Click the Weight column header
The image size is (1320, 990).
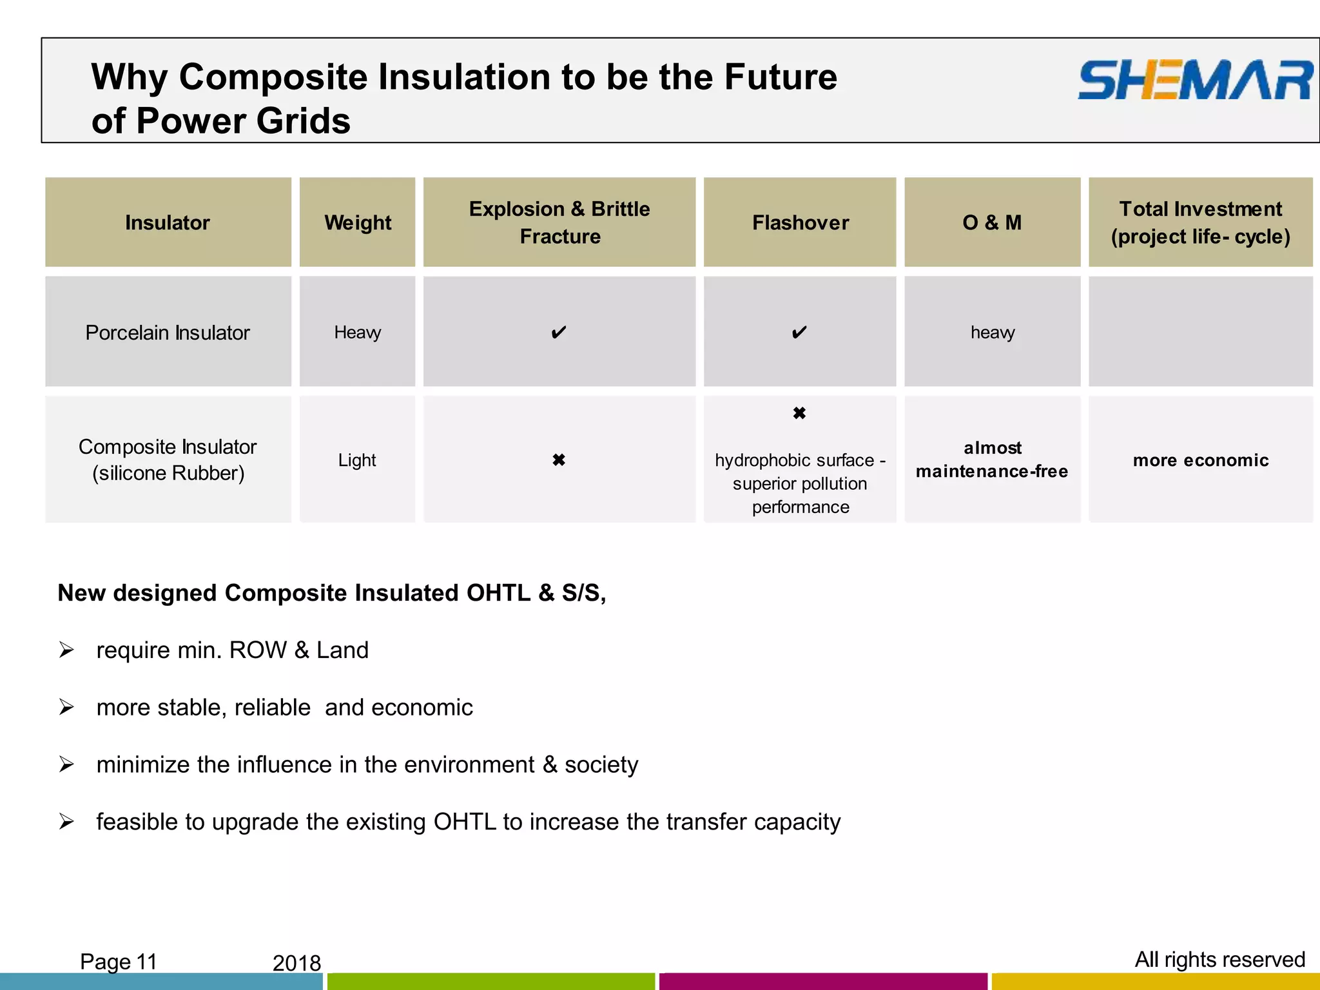pyautogui.click(x=358, y=222)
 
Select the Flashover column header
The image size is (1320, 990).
pyautogui.click(x=800, y=222)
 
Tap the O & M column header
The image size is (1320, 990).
pyautogui.click(x=992, y=222)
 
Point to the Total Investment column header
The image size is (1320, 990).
pyautogui.click(x=1200, y=222)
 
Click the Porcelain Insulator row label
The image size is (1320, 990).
pyautogui.click(x=168, y=333)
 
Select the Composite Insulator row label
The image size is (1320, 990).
pyautogui.click(x=168, y=460)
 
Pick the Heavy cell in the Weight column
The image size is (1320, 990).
pyautogui.click(x=358, y=333)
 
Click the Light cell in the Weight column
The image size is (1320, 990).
pyautogui.click(x=357, y=460)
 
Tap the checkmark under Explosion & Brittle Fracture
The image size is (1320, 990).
pyautogui.click(x=559, y=333)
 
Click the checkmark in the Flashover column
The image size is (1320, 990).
pyautogui.click(x=799, y=333)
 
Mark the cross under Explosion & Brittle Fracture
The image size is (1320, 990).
pyautogui.click(x=559, y=460)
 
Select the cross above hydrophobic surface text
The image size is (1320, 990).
pyautogui.click(x=799, y=413)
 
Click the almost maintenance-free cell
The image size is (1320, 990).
pyautogui.click(x=992, y=460)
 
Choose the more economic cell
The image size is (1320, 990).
pyautogui.click(x=1201, y=460)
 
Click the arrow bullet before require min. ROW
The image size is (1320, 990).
pyautogui.click(x=66, y=650)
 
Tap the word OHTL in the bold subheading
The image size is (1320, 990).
pyautogui.click(x=499, y=593)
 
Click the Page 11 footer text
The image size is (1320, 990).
pyautogui.click(x=119, y=962)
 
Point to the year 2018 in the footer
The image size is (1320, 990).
pyautogui.click(x=296, y=963)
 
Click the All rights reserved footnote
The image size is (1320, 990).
pyautogui.click(x=1219, y=960)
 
